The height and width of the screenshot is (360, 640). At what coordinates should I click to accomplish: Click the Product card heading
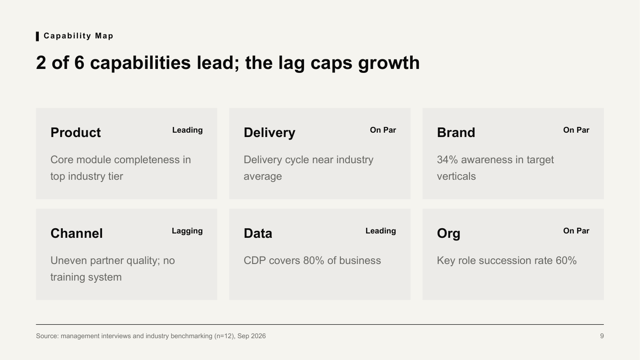tap(76, 132)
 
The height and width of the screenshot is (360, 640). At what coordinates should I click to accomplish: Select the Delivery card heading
tap(269, 132)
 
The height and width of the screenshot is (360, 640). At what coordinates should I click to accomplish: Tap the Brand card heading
tap(456, 132)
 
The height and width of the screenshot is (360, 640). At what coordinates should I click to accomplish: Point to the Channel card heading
tap(76, 233)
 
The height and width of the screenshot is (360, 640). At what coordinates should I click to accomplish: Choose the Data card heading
tap(258, 233)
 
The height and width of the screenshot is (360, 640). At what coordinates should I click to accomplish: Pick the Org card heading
tap(449, 233)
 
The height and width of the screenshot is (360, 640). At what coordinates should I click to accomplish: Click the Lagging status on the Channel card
tap(187, 231)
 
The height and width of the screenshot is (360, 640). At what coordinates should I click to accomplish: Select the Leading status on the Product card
tap(187, 130)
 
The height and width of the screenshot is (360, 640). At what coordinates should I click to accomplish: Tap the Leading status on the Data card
tap(380, 231)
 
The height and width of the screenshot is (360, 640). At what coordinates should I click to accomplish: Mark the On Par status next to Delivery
tap(383, 130)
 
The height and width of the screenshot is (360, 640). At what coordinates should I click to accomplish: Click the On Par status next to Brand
tap(576, 130)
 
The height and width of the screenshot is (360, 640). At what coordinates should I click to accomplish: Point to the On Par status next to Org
tap(576, 231)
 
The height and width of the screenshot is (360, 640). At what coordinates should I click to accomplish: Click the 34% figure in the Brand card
tap(447, 160)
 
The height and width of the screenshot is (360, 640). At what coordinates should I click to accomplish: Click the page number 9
tap(602, 336)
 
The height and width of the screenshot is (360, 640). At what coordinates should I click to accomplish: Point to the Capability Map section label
tap(78, 36)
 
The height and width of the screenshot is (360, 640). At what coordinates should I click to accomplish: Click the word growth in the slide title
tap(389, 63)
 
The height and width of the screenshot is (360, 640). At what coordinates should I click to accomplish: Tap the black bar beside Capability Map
tap(38, 36)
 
